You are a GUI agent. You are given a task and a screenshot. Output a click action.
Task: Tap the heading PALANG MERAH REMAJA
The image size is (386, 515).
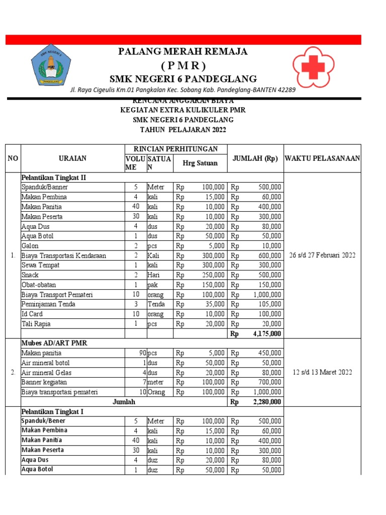point(182,52)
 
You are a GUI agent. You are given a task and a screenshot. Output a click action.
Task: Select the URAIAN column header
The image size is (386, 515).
point(72,158)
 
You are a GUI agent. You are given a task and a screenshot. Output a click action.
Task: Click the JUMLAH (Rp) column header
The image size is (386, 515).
point(255,158)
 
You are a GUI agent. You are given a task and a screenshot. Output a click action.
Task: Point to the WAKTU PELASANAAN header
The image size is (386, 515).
point(323,158)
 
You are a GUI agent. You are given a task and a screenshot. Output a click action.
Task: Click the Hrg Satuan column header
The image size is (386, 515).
point(200,162)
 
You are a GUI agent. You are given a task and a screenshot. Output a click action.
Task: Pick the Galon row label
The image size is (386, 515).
point(30,246)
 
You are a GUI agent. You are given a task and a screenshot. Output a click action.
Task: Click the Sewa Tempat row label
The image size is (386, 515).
point(40,266)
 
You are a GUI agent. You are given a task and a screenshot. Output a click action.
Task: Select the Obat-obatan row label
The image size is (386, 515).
point(39,285)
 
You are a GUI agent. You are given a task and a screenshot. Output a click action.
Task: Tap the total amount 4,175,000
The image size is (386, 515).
point(267,333)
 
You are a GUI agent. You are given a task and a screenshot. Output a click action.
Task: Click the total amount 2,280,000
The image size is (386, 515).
point(267,402)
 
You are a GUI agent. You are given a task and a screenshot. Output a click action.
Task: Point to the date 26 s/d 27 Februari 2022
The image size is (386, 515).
point(323,255)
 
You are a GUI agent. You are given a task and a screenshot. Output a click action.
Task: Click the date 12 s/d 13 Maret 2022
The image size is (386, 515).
point(323,373)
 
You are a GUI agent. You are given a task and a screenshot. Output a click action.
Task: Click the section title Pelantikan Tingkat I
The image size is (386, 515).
point(52,411)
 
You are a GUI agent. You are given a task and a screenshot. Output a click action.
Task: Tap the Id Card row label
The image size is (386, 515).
point(31,314)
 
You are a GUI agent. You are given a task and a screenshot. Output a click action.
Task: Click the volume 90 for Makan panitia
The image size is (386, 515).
point(143,353)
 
